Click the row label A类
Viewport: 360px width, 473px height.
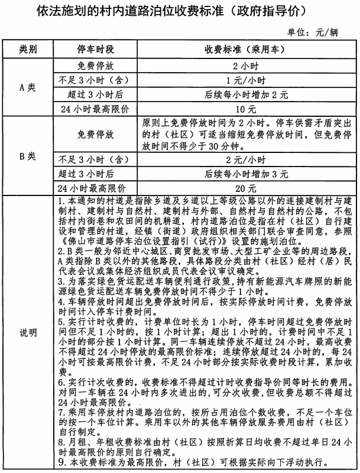pyautogui.click(x=27, y=87)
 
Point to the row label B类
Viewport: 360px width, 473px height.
pyautogui.click(x=27, y=156)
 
